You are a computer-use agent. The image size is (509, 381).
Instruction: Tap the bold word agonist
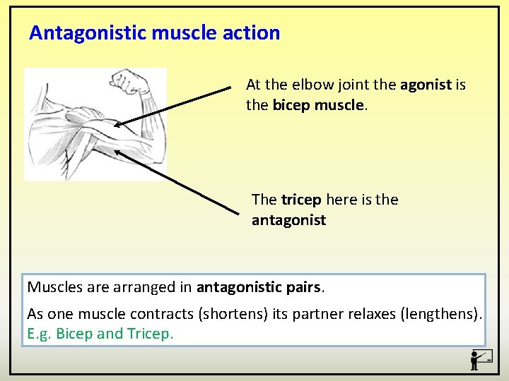(426, 85)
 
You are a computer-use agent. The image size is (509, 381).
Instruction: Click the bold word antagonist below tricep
(288, 220)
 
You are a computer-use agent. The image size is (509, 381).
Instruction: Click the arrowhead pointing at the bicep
(118, 125)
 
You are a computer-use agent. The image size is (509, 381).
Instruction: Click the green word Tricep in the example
(149, 334)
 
